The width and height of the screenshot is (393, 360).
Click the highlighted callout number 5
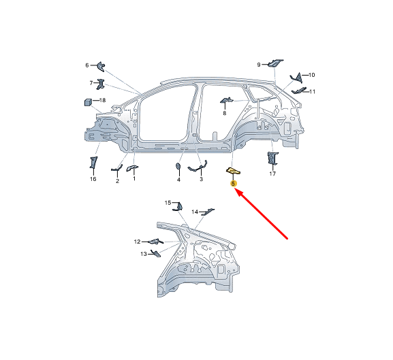click(234, 184)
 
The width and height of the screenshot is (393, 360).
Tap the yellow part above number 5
click(233, 171)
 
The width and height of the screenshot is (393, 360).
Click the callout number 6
click(87, 65)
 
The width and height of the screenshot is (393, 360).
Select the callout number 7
click(91, 83)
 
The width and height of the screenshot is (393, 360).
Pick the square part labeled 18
click(87, 102)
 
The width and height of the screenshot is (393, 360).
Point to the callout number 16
click(93, 179)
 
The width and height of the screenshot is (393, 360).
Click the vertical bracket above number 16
click(93, 163)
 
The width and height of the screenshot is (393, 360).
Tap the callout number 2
click(117, 180)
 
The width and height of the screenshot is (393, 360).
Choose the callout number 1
click(134, 179)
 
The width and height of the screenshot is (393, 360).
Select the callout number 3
click(201, 179)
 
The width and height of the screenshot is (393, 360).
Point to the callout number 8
click(224, 113)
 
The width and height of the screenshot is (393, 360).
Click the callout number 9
click(259, 65)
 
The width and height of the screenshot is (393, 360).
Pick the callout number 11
click(313, 91)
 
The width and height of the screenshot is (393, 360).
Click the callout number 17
click(272, 174)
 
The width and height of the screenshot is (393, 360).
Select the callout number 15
click(168, 203)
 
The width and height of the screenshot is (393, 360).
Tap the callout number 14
click(194, 212)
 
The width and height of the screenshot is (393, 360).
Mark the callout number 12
click(137, 242)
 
